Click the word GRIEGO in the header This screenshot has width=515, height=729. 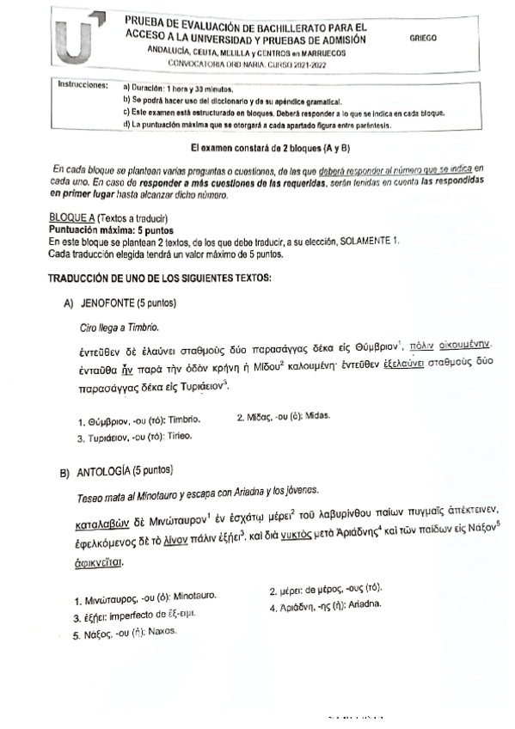[424, 38]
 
